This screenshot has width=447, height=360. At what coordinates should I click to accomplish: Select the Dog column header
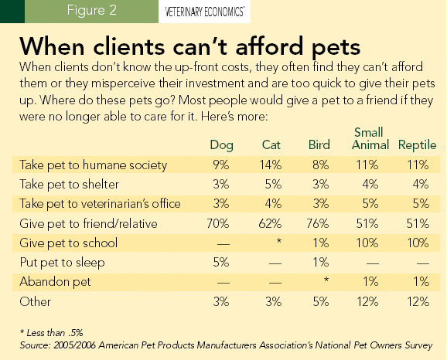222,145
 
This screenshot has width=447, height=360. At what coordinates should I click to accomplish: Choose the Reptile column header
418,145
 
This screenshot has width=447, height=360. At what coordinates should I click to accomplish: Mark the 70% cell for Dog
222,223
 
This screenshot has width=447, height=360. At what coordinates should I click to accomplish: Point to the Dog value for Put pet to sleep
222,262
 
